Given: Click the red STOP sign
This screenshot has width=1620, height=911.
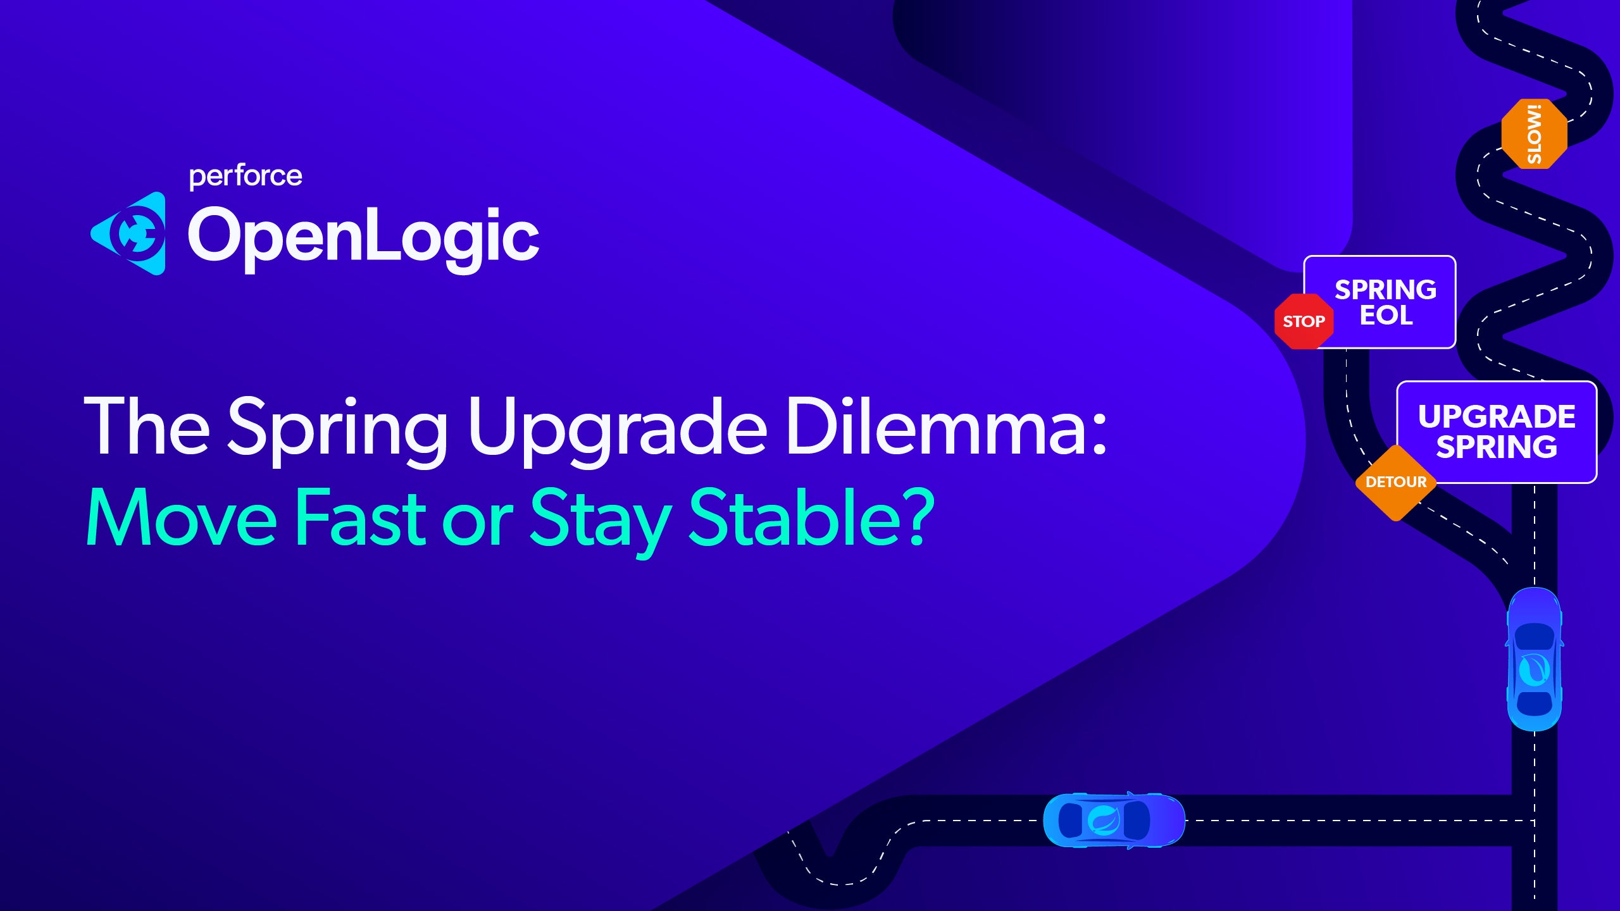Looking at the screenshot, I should tap(1304, 321).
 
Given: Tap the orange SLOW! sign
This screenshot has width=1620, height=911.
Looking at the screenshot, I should tap(1534, 134).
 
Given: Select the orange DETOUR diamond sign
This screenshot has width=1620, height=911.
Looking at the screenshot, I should tap(1395, 483).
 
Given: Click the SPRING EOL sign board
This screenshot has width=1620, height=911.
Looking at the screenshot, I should tap(1386, 302).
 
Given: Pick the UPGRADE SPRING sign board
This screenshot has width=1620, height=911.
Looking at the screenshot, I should tap(1497, 431).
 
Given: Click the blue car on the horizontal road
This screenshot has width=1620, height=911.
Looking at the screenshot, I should tap(1114, 820).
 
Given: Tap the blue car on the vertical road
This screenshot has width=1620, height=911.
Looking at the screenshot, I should tap(1534, 659).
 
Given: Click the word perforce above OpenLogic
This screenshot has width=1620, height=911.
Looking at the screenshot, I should tap(246, 176).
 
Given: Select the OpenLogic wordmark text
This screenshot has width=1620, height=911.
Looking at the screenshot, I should tap(363, 237).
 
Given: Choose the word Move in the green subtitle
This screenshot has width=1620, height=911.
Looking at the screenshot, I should tap(181, 517).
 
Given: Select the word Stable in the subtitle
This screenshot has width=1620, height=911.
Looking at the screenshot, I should tap(795, 517).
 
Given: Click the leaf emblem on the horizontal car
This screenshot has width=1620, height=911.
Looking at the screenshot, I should tap(1104, 821).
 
